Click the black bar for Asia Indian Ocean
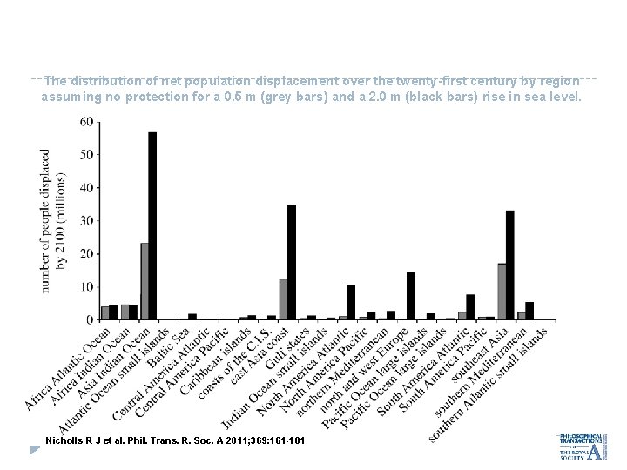click(x=152, y=226)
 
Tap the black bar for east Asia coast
click(x=292, y=262)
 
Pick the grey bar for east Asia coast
click(x=283, y=299)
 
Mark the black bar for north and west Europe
click(x=411, y=296)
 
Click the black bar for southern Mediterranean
click(x=529, y=311)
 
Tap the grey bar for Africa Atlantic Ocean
click(x=105, y=312)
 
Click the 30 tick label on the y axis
click(x=87, y=221)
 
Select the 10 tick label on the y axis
click(x=87, y=287)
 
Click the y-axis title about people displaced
click(x=52, y=219)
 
